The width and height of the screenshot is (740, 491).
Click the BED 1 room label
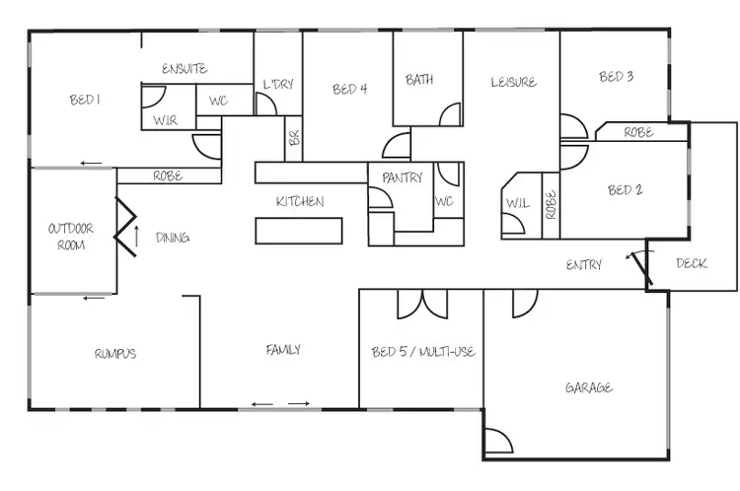[x=86, y=100]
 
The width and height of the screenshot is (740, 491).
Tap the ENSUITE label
[x=185, y=69]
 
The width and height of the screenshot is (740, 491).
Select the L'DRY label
[x=278, y=85]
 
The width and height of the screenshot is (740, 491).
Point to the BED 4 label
[x=349, y=90]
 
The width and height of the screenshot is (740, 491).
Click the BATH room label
[x=419, y=80]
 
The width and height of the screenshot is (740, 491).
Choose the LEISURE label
[x=513, y=82]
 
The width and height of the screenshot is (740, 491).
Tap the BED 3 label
[x=616, y=77]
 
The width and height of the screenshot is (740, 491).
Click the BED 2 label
[x=625, y=190]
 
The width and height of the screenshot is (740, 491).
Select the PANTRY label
[x=401, y=178]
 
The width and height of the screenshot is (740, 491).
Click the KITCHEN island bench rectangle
[x=300, y=230]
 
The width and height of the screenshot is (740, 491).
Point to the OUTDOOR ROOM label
[x=70, y=236]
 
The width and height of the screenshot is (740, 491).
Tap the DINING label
[x=173, y=238]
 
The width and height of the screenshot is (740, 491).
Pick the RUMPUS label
[x=114, y=354]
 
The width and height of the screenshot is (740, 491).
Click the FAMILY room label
[x=283, y=350]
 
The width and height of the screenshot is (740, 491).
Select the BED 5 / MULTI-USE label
[x=423, y=352]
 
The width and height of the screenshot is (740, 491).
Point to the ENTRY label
[x=584, y=264]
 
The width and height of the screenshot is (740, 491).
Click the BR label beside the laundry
[x=293, y=138]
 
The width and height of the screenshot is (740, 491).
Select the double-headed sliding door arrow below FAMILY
[x=281, y=403]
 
